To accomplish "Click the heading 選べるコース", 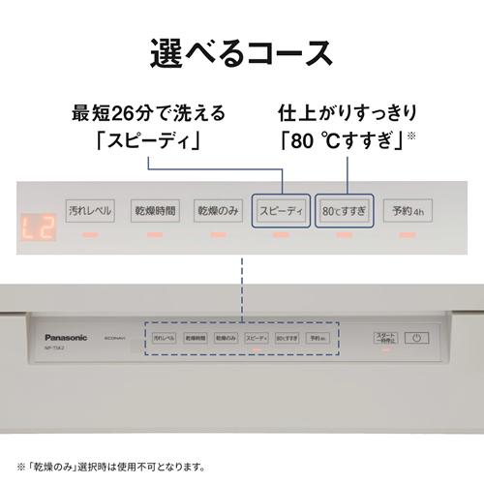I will coord(241,53).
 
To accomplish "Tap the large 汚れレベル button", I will coord(90,209).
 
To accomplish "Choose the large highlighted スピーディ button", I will coord(281,209).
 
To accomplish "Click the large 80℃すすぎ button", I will coord(344,209).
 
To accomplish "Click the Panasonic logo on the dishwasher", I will coord(63,337).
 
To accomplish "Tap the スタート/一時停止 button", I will coord(386,338).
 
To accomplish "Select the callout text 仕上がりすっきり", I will coord(345,113).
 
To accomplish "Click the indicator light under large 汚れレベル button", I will coord(90,235).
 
